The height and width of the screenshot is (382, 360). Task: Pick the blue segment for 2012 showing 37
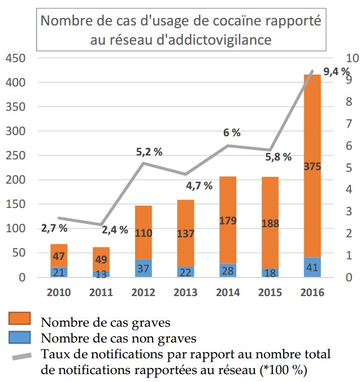pyautogui.click(x=144, y=268)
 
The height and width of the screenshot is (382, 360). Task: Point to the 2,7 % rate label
pyautogui.click(x=54, y=228)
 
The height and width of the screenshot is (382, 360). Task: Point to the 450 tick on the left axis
pyautogui.click(x=15, y=59)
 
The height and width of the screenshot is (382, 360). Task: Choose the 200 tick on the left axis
pyautogui.click(x=15, y=180)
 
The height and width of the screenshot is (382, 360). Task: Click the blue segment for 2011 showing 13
pyautogui.click(x=102, y=274)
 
